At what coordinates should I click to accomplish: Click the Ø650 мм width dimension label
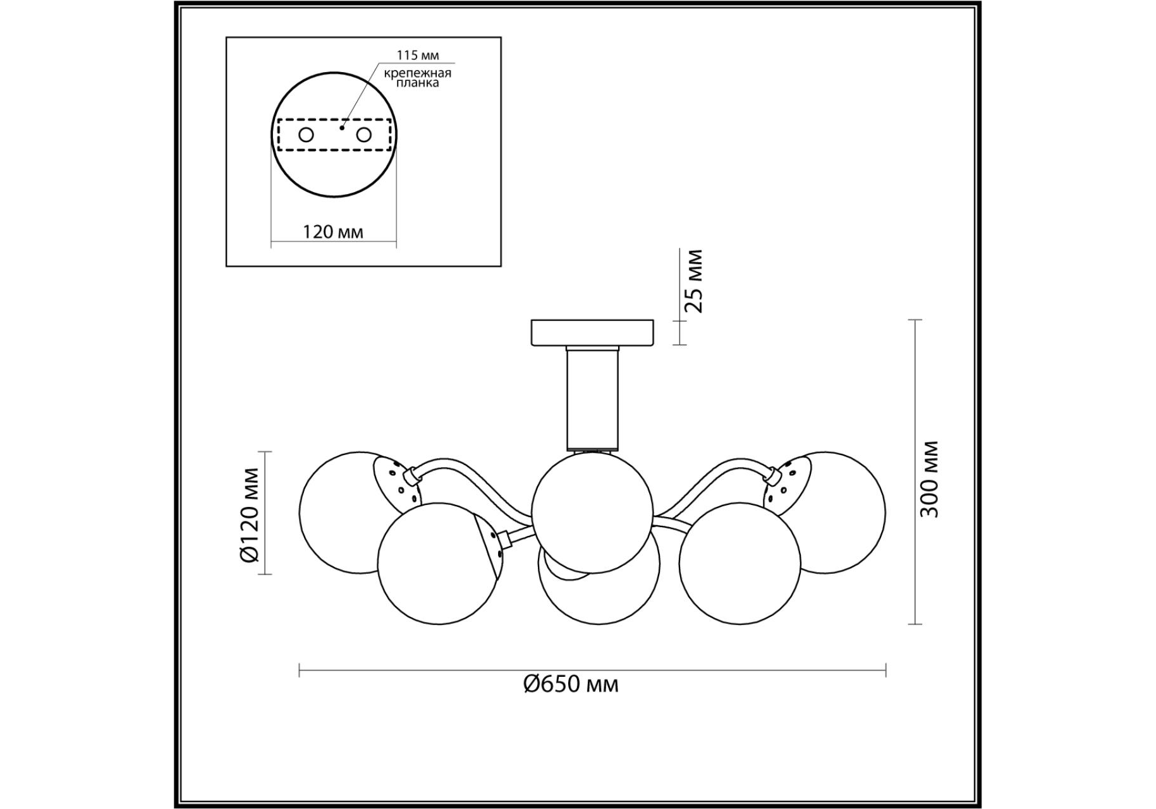coord(571,684)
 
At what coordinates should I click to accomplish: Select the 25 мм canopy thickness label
coord(693,281)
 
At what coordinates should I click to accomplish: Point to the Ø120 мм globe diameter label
coord(250,514)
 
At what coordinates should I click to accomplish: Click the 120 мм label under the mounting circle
coord(333,232)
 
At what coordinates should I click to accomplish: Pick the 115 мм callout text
coord(417,55)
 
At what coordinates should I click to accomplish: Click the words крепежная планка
coord(417,78)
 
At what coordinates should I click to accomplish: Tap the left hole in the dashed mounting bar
coord(306,135)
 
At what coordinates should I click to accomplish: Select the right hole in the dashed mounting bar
coord(363,135)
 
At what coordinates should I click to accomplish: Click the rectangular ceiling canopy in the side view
coord(592,332)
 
